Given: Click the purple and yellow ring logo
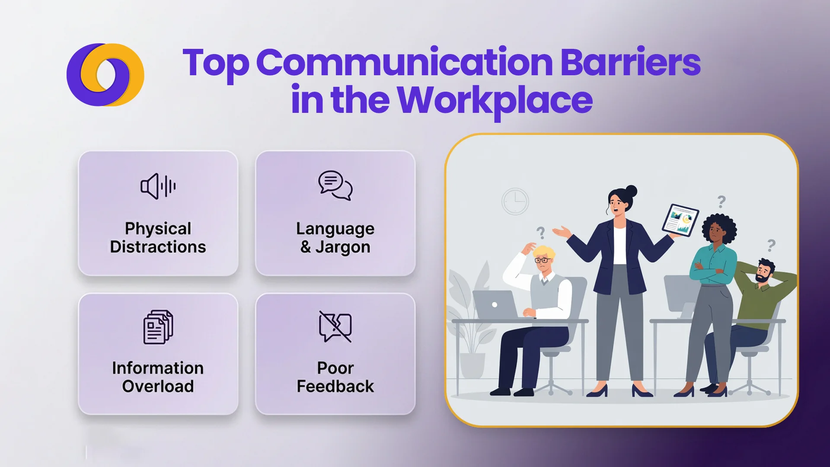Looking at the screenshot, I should tap(105, 74).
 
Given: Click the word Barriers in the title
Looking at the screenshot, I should tap(630, 63).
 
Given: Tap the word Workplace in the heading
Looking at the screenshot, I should tap(495, 100).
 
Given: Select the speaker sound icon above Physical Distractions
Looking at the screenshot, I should tap(158, 186).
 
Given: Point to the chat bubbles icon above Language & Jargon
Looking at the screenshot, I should tap(335, 186).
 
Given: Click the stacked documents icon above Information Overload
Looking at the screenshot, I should tap(158, 327).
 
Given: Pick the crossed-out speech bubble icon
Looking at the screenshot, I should tap(335, 327).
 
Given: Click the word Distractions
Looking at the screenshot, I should tap(158, 247).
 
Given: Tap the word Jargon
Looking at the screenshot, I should tap(342, 247).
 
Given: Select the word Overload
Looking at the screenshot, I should tap(158, 386).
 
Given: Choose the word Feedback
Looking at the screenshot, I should tap(335, 386).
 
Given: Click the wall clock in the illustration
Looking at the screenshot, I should tap(515, 201).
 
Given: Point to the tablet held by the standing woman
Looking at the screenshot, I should tap(680, 220).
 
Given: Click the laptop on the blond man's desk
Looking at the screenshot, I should tap(495, 304).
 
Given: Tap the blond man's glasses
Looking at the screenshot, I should tap(543, 260).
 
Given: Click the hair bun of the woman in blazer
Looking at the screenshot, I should tap(631, 191).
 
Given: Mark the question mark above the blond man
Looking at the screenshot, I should tap(540, 233).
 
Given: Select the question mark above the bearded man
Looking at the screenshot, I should tap(771, 246).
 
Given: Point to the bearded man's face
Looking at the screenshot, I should tap(763, 273).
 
